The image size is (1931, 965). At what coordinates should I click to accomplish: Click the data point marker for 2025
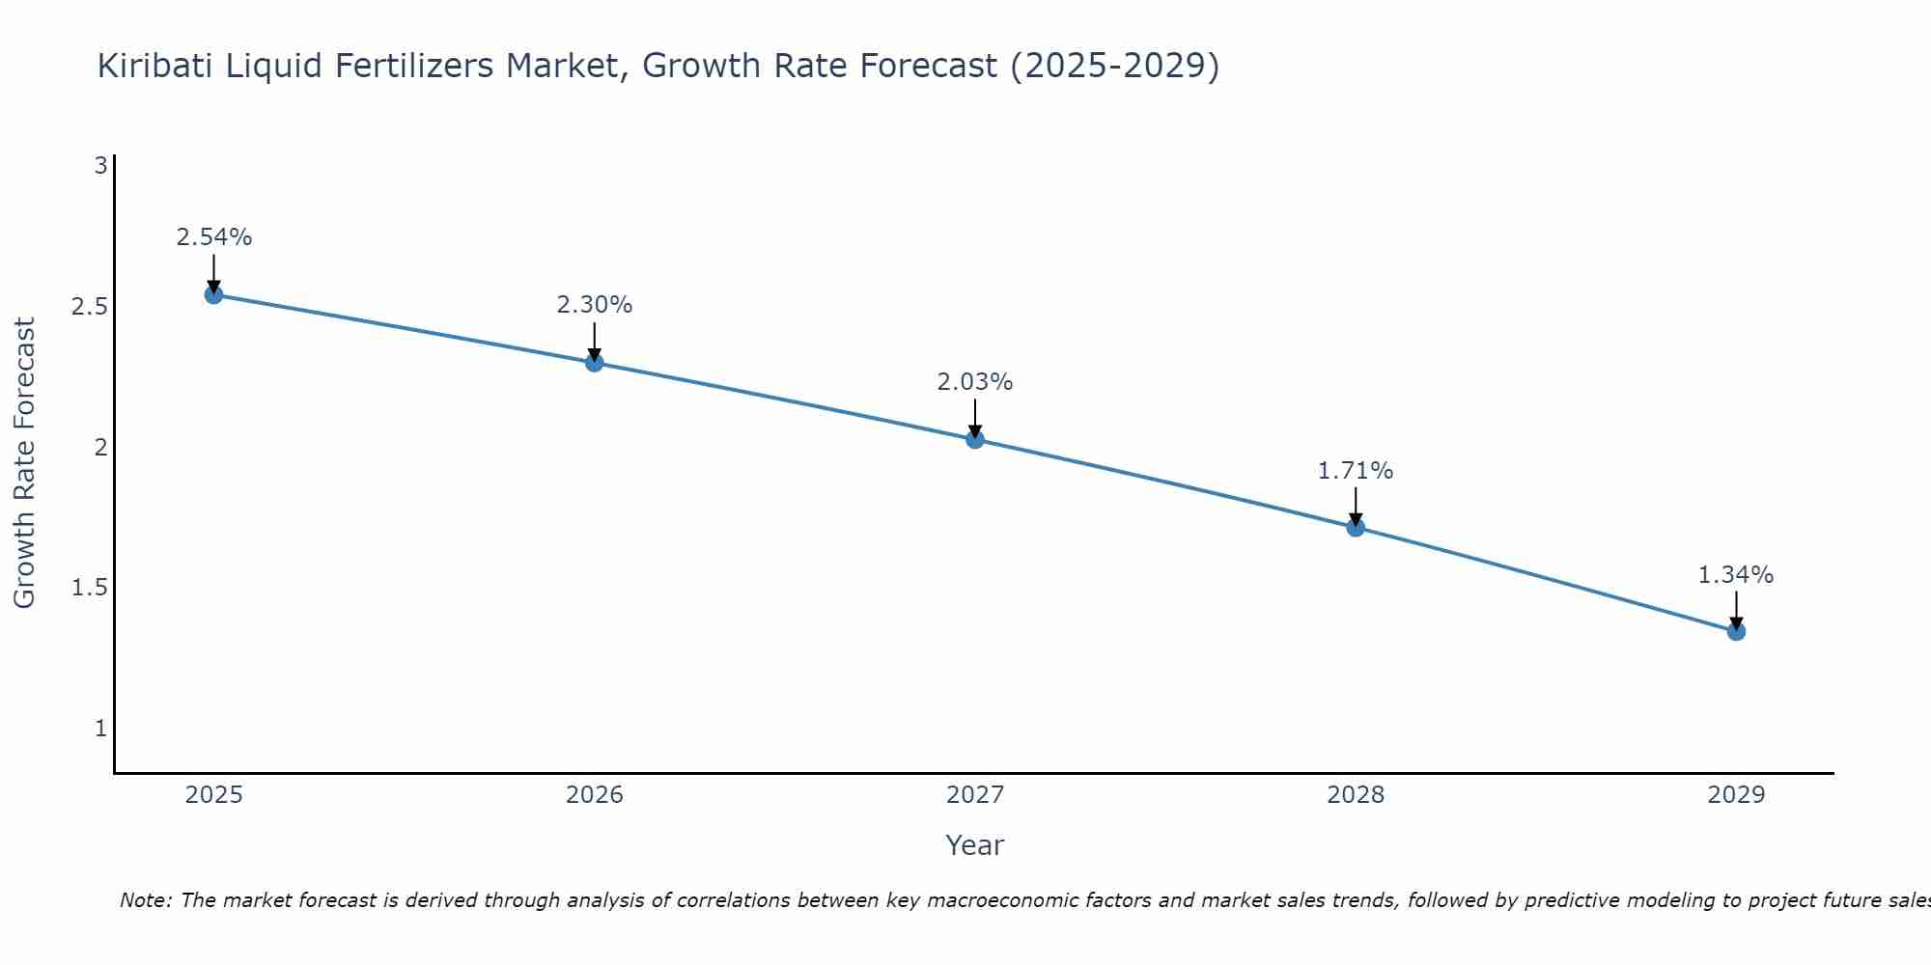point(214,294)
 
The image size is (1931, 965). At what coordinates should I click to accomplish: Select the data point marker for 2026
point(595,363)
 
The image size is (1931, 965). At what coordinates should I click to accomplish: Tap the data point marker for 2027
point(975,439)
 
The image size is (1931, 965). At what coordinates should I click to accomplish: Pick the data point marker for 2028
point(1356,527)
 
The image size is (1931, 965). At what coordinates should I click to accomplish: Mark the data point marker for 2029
point(1736,631)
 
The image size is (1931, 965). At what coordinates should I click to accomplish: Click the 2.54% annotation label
point(214,237)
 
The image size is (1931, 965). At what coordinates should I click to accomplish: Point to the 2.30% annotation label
point(595,305)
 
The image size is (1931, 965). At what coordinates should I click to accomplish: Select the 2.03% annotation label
point(975,382)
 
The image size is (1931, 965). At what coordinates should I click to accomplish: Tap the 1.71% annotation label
point(1356,471)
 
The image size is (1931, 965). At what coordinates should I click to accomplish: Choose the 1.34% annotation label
point(1736,575)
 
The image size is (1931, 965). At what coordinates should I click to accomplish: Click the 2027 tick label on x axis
point(975,795)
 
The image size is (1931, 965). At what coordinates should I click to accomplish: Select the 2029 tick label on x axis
point(1736,795)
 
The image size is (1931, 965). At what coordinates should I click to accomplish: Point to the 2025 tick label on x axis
point(214,795)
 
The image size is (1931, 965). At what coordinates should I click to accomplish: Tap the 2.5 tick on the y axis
point(89,307)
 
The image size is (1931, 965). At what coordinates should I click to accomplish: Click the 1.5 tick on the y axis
point(89,588)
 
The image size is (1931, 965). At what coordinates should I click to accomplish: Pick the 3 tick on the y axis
point(100,166)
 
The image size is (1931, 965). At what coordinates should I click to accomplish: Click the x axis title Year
point(975,845)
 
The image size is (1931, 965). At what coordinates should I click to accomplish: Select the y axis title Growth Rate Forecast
point(24,463)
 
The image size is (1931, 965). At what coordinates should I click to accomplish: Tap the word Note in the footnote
point(144,900)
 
